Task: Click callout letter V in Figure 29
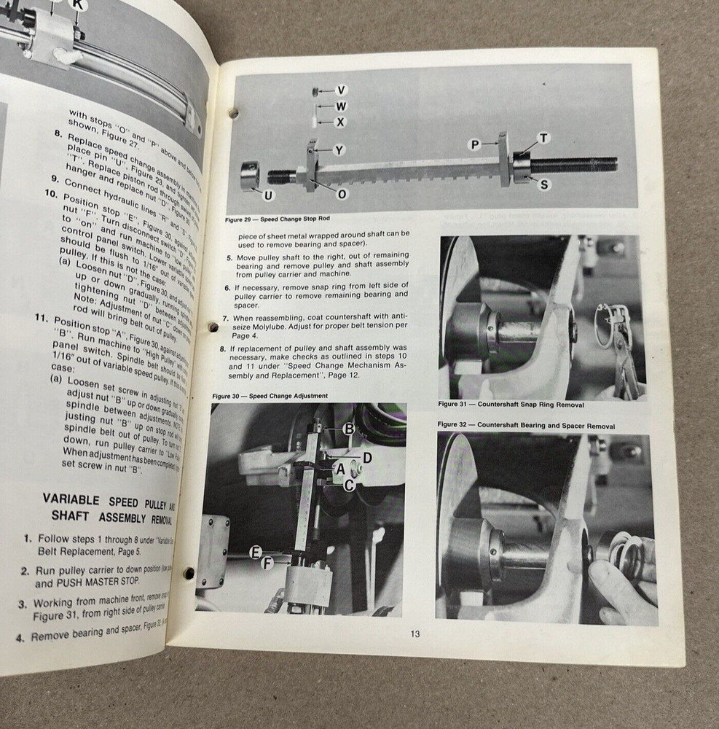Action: (341, 90)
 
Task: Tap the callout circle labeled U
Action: (268, 195)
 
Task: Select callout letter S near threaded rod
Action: (544, 184)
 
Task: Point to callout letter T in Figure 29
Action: (543, 138)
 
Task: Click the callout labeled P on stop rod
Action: (474, 145)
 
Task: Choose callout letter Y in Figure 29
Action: (339, 150)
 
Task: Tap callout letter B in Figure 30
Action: (349, 429)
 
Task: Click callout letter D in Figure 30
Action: (367, 457)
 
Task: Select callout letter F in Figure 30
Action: (267, 563)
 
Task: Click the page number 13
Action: (414, 634)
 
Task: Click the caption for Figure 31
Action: (511, 404)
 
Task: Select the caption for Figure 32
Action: (525, 425)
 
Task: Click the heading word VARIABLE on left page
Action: (70, 500)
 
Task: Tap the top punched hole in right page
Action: (235, 114)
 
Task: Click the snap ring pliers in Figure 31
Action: (616, 343)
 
